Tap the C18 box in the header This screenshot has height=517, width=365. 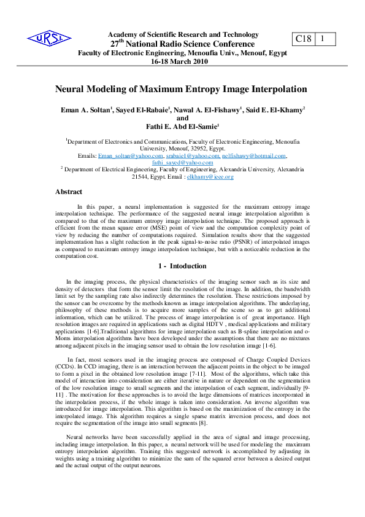click(304, 39)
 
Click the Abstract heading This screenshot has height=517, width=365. click(69, 192)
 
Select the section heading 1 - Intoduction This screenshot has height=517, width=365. click(182, 267)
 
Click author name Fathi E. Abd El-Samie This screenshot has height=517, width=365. click(182, 126)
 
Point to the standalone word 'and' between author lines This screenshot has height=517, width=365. click(182, 119)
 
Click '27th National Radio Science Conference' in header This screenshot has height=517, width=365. click(182, 44)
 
